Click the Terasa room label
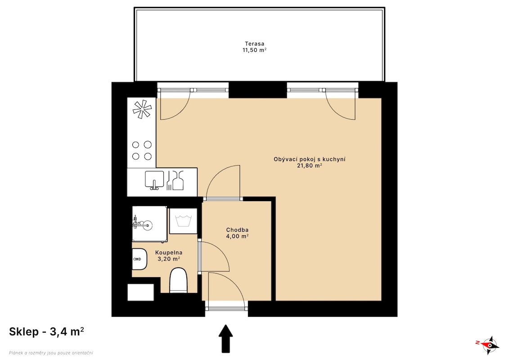tap(255, 44)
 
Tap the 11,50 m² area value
tap(255, 50)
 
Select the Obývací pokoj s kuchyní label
tap(309, 159)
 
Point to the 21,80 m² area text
tap(309, 166)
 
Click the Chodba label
tap(237, 230)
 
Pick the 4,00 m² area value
tap(237, 236)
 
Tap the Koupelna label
tap(169, 252)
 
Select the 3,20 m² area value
tap(169, 259)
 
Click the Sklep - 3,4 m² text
tap(46, 332)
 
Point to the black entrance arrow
tap(225, 338)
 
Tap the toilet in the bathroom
tap(179, 280)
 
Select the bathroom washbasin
tap(139, 259)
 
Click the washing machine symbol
tap(184, 221)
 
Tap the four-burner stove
tap(142, 150)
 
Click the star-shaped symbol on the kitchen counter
tap(142, 109)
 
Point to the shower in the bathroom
tap(149, 224)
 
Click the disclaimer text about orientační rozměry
tap(51, 353)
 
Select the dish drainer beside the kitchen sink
tap(176, 180)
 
